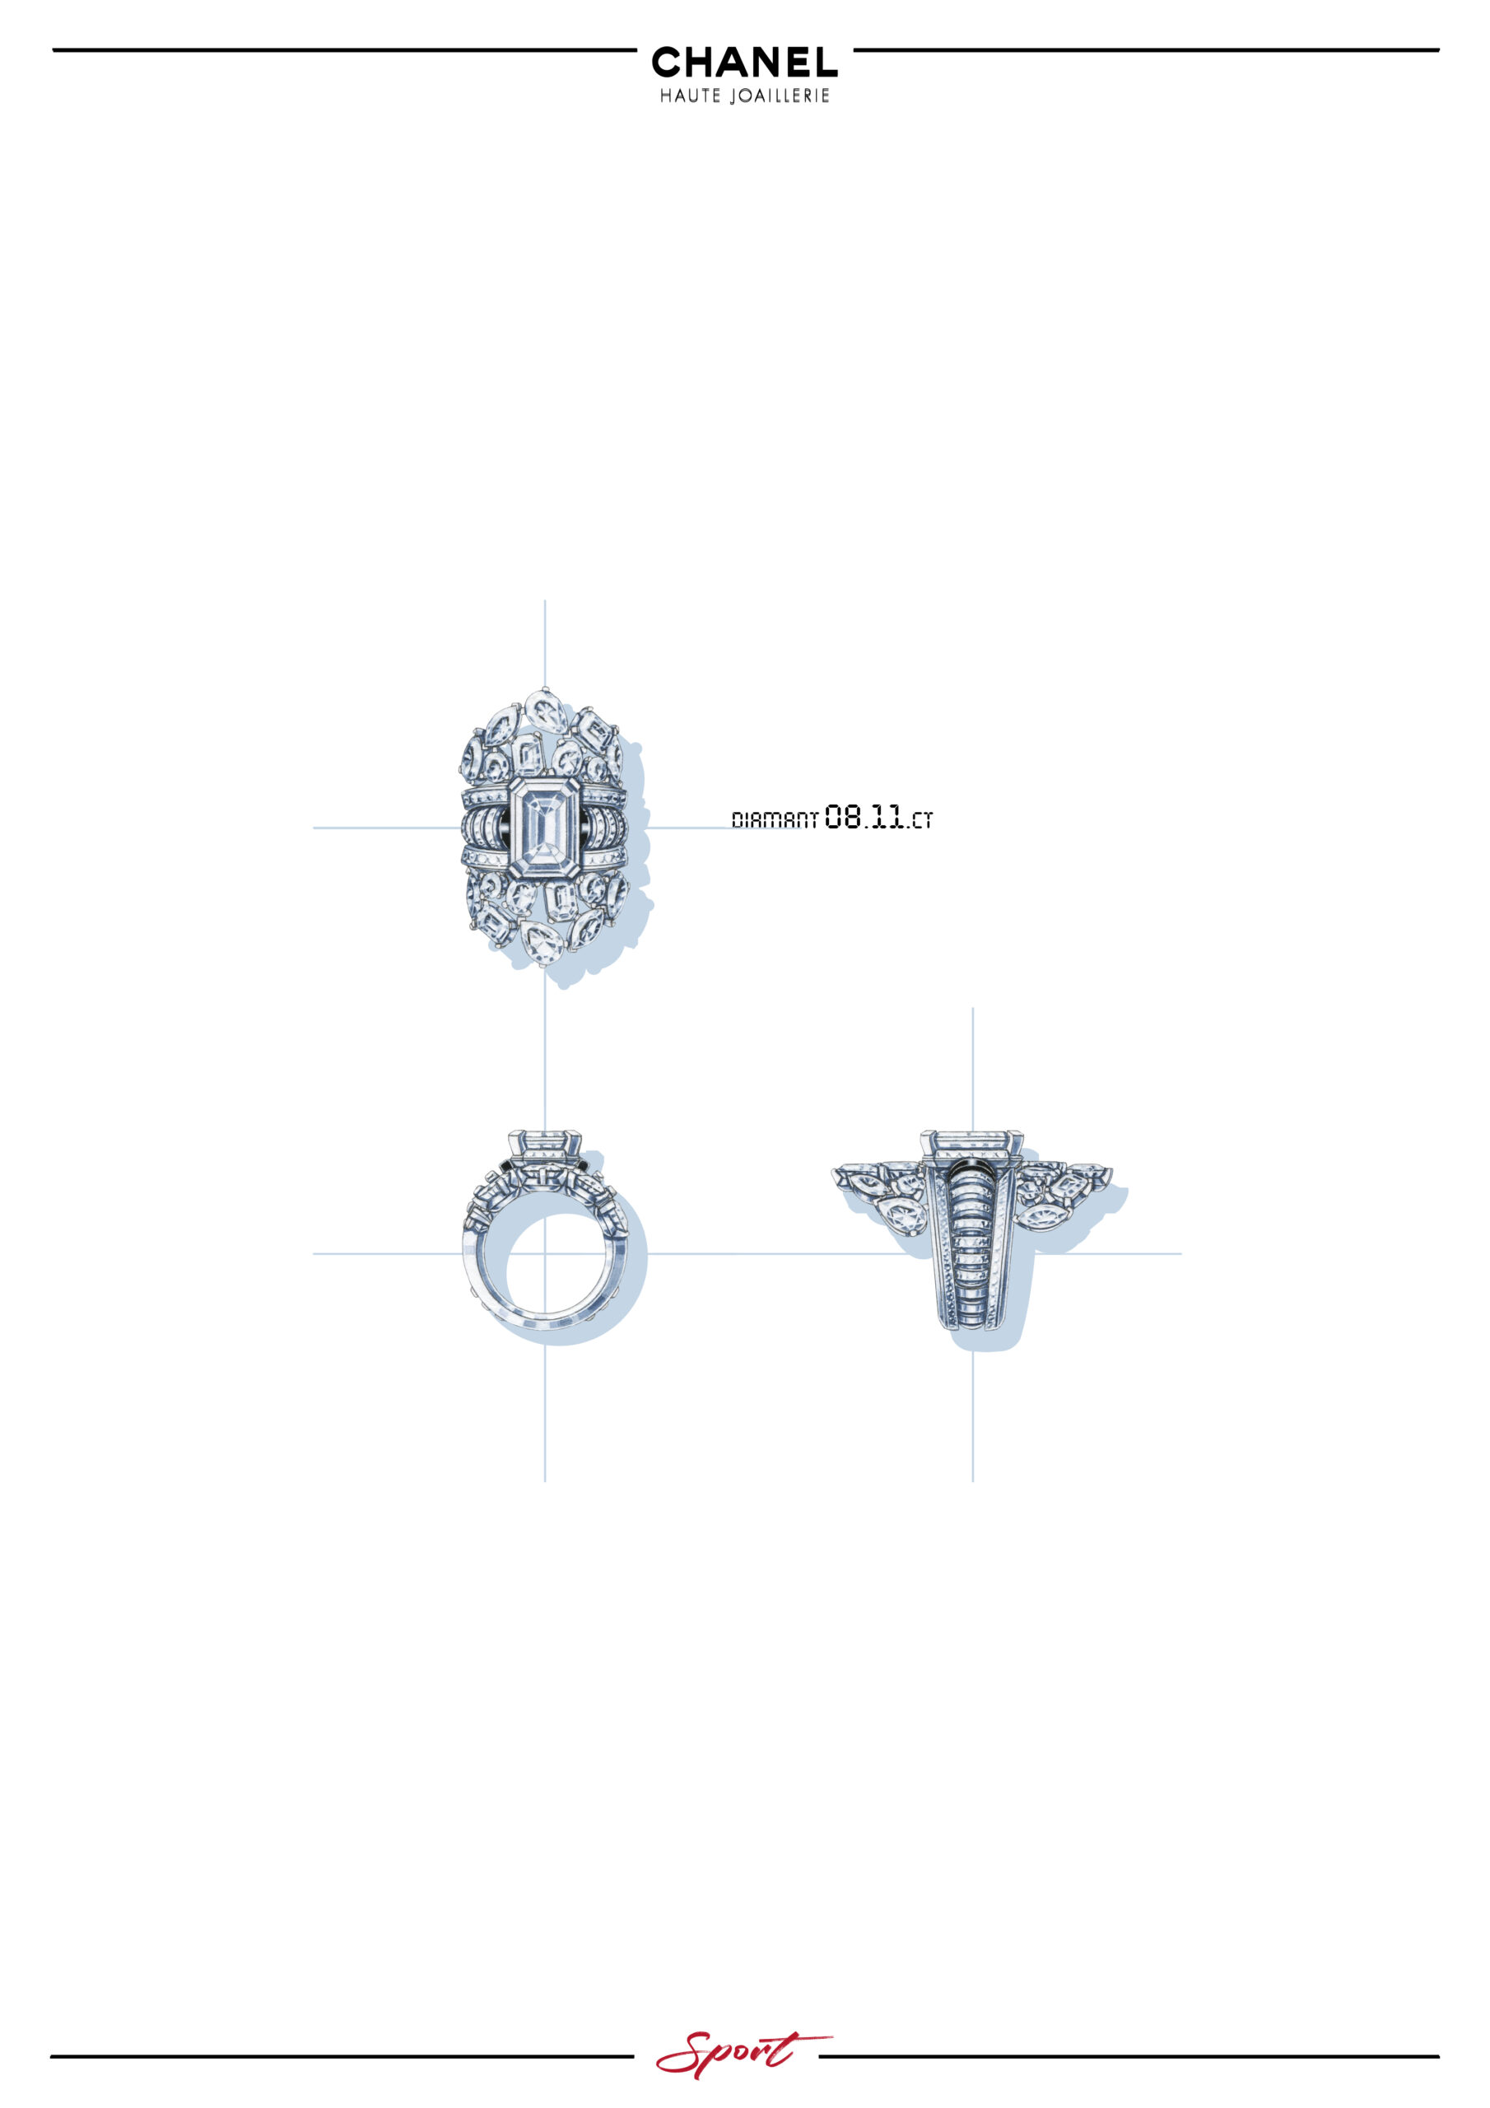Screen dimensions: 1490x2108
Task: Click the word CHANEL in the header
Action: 744,62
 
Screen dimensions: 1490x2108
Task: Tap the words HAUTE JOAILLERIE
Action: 744,96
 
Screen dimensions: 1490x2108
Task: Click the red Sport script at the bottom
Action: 743,2054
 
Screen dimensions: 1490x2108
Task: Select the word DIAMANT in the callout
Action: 774,820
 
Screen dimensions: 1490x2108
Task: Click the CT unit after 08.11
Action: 921,821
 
